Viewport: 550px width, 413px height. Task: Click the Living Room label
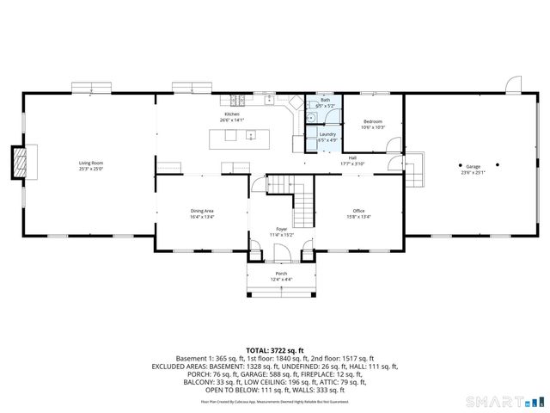(x=90, y=163)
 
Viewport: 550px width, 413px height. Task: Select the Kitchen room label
(x=232, y=114)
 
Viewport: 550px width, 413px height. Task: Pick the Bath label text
(x=325, y=101)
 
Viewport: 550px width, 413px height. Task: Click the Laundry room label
(x=327, y=134)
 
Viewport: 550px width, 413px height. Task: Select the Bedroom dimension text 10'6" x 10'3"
(x=373, y=127)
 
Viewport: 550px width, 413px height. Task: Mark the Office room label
(x=358, y=211)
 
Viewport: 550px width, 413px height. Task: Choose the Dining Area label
(x=202, y=211)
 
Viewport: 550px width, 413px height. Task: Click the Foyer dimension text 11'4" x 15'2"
(x=282, y=234)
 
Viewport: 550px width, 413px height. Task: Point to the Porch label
(x=281, y=273)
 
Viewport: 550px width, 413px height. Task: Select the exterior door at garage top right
(x=514, y=84)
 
